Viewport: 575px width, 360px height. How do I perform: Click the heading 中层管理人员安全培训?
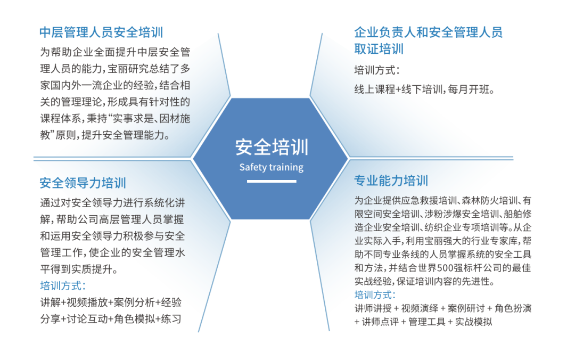[101, 32]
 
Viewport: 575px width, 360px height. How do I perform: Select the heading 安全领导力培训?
[83, 183]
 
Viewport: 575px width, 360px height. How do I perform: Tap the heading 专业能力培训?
[391, 181]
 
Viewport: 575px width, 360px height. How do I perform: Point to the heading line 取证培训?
[379, 49]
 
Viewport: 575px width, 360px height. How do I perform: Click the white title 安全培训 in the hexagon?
[272, 147]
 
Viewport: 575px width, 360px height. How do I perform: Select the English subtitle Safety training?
[272, 167]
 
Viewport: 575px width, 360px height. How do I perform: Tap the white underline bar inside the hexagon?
[272, 181]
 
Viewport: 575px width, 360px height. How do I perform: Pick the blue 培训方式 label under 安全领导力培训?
[63, 286]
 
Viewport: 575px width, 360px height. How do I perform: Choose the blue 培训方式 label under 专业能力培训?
[375, 294]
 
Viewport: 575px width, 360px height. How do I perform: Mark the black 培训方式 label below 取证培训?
[376, 70]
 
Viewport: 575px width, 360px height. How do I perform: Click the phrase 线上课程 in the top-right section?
[375, 89]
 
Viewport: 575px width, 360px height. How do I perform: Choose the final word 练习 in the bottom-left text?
[171, 319]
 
